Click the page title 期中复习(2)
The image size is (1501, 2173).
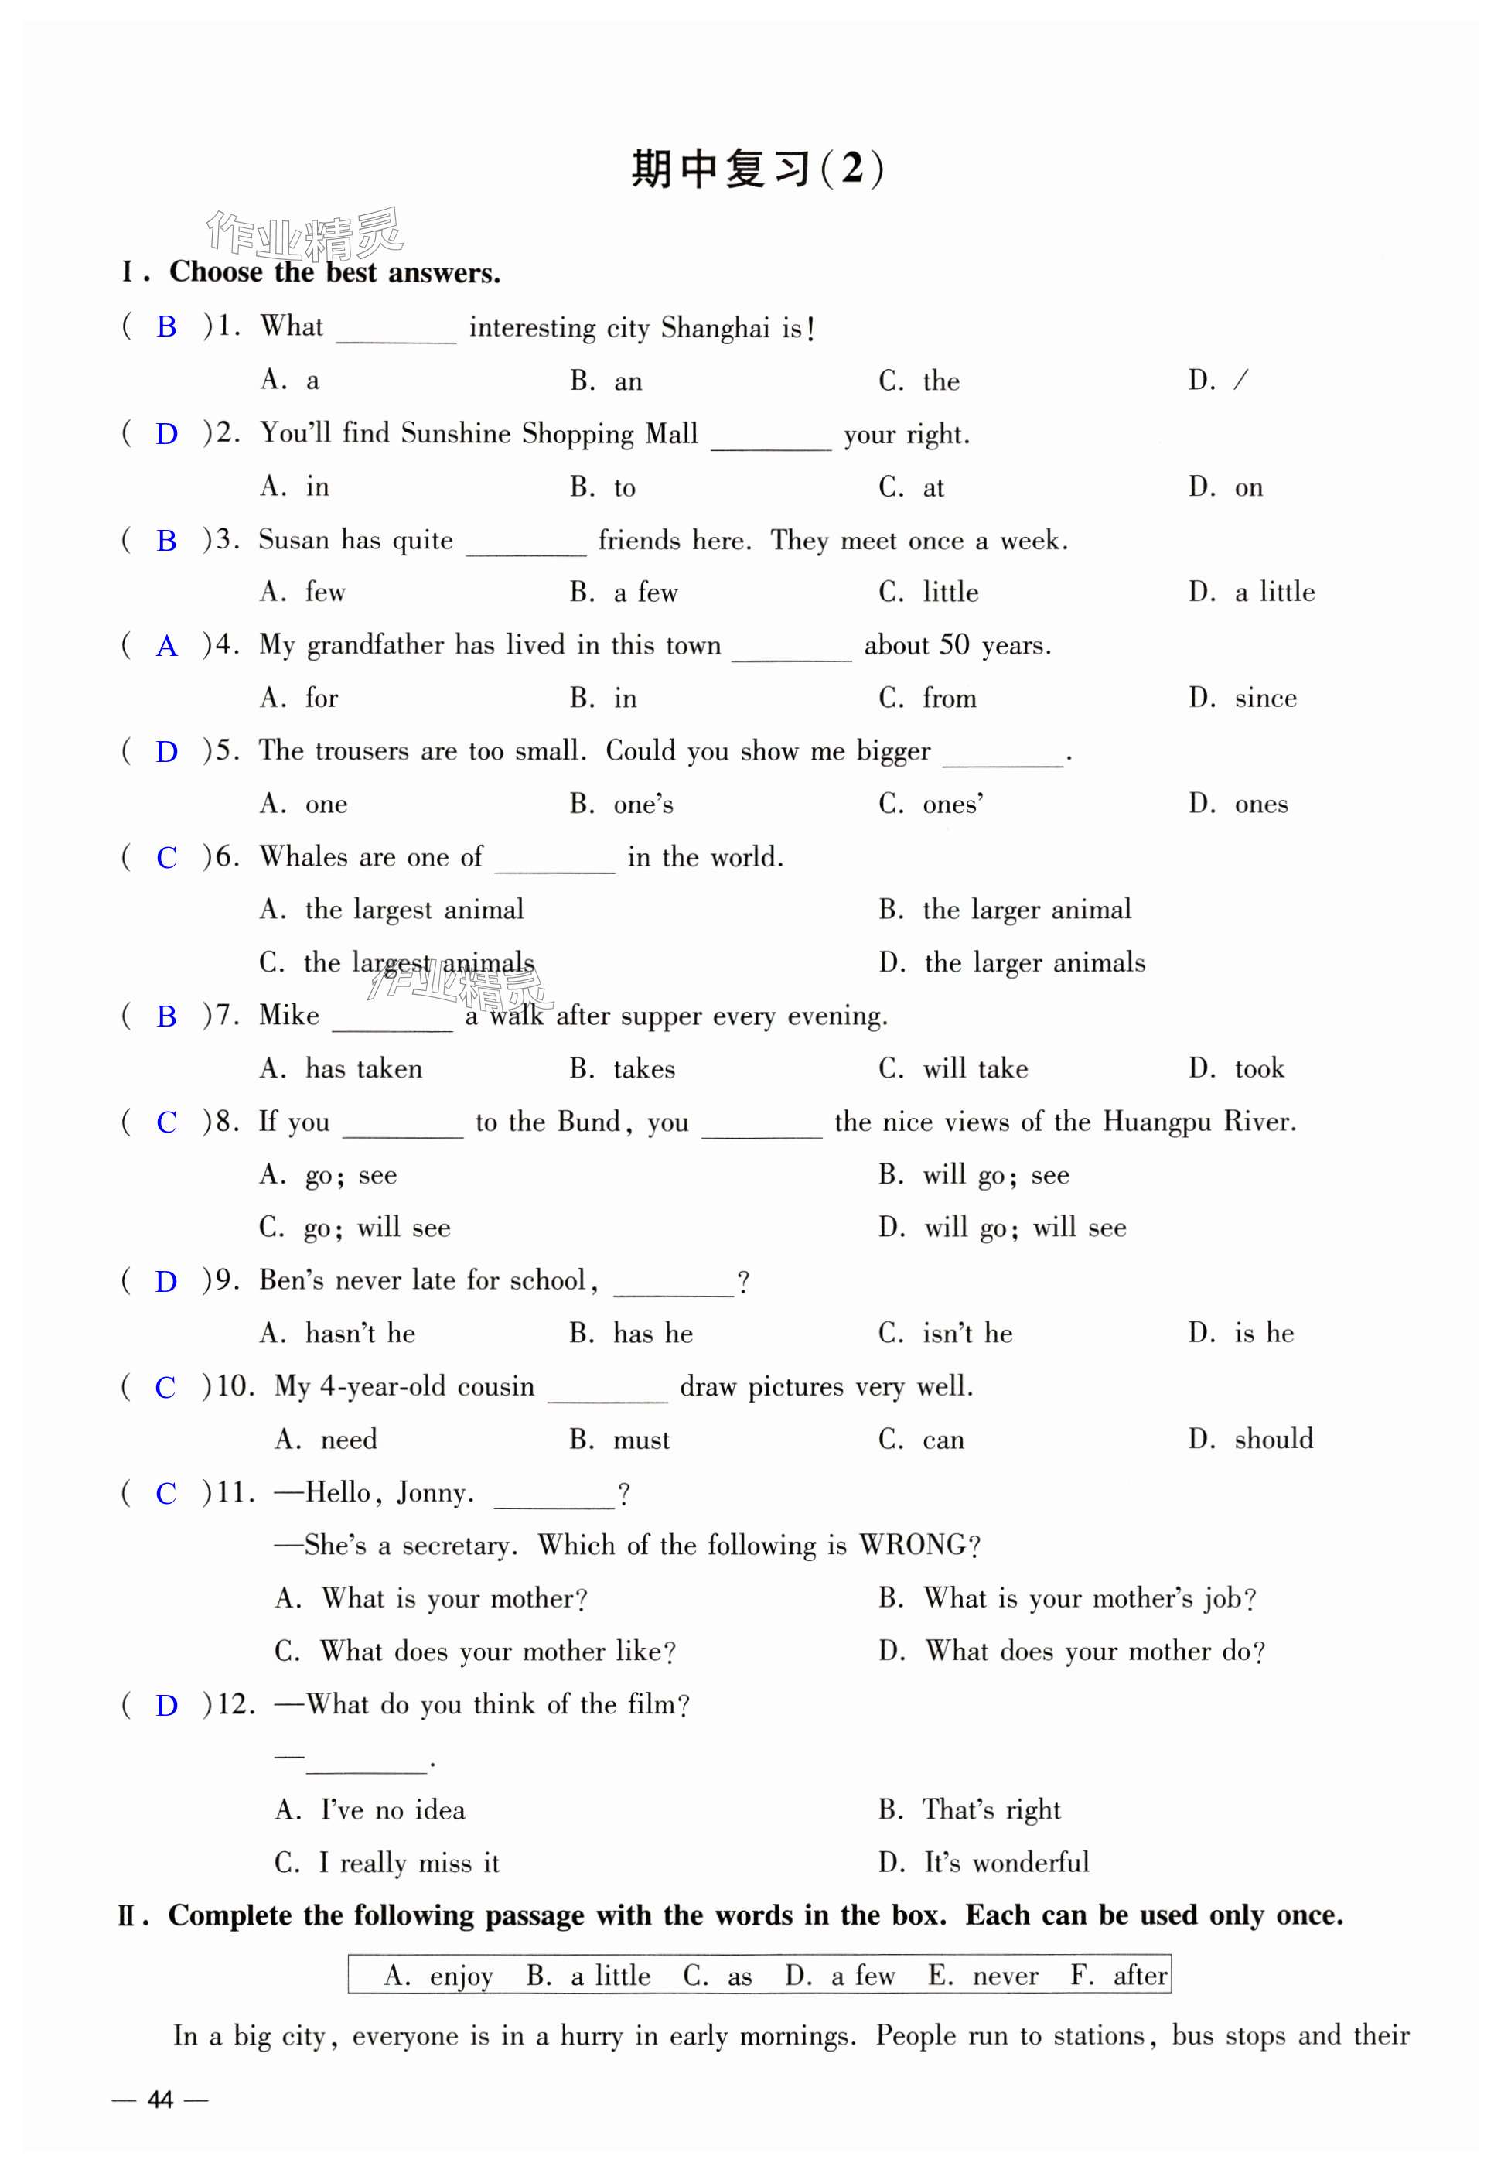coord(757,169)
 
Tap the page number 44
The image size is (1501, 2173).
coord(160,2099)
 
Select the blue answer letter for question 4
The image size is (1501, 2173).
coord(166,646)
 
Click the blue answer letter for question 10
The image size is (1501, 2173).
coord(165,1388)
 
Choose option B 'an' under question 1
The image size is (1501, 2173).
coord(606,381)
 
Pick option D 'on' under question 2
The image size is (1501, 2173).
coord(1226,487)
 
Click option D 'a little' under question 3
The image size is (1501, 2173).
coord(1252,593)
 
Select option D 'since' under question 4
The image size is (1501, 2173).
coord(1243,698)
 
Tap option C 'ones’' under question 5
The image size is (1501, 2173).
coord(931,805)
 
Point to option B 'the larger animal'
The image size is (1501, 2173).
coord(1005,910)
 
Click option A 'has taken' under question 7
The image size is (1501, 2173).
coord(340,1068)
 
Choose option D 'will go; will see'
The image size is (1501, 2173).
coord(1002,1228)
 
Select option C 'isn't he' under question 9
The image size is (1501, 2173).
coord(945,1333)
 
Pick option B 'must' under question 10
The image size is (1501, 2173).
coord(619,1440)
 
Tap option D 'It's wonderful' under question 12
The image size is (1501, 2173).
coord(984,1863)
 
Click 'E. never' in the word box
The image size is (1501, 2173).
coord(984,1976)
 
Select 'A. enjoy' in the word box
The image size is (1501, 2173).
coord(438,1976)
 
